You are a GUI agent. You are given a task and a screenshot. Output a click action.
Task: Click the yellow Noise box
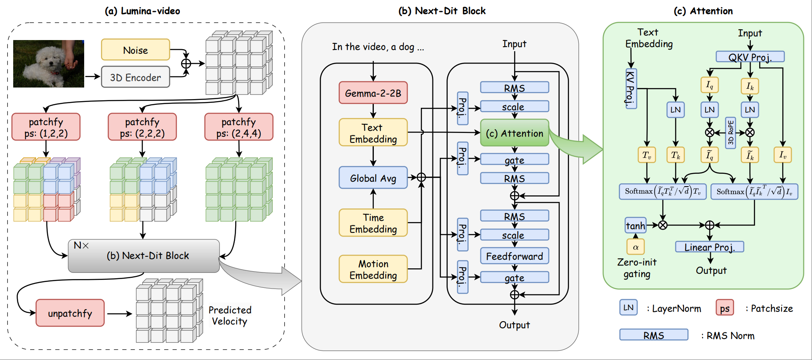pyautogui.click(x=135, y=50)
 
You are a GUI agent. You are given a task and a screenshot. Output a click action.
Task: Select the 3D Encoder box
pyautogui.click(x=135, y=77)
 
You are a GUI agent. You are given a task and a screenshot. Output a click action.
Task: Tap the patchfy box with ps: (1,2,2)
pyautogui.click(x=46, y=127)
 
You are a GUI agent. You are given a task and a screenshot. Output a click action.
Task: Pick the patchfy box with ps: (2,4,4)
pyautogui.click(x=238, y=127)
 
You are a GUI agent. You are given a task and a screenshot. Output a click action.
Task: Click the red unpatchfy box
pyautogui.click(x=70, y=313)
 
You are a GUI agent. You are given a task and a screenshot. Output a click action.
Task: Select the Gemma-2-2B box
pyautogui.click(x=373, y=93)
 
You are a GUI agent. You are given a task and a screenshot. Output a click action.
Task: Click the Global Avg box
pyautogui.click(x=373, y=178)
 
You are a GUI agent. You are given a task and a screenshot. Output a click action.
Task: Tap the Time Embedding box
pyautogui.click(x=373, y=223)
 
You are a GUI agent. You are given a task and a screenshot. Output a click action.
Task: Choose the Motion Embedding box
pyautogui.click(x=373, y=269)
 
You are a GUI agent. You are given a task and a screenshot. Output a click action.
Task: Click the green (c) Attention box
pyautogui.click(x=515, y=133)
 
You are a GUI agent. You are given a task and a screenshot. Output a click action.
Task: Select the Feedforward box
pyautogui.click(x=515, y=256)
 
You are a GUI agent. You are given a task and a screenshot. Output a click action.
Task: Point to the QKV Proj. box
pyautogui.click(x=750, y=57)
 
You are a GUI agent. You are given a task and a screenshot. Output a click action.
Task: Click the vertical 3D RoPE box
pyautogui.click(x=730, y=133)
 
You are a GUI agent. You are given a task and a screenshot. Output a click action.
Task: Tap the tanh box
pyautogui.click(x=635, y=226)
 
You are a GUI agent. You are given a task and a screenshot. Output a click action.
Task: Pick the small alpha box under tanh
pyautogui.click(x=635, y=247)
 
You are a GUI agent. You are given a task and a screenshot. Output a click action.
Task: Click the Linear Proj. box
pyautogui.click(x=709, y=247)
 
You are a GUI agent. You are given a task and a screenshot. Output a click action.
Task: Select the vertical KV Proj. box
pyautogui.click(x=631, y=89)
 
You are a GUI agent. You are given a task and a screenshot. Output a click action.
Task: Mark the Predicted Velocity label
pyautogui.click(x=230, y=316)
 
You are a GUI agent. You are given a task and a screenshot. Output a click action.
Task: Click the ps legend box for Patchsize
pyautogui.click(x=725, y=308)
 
